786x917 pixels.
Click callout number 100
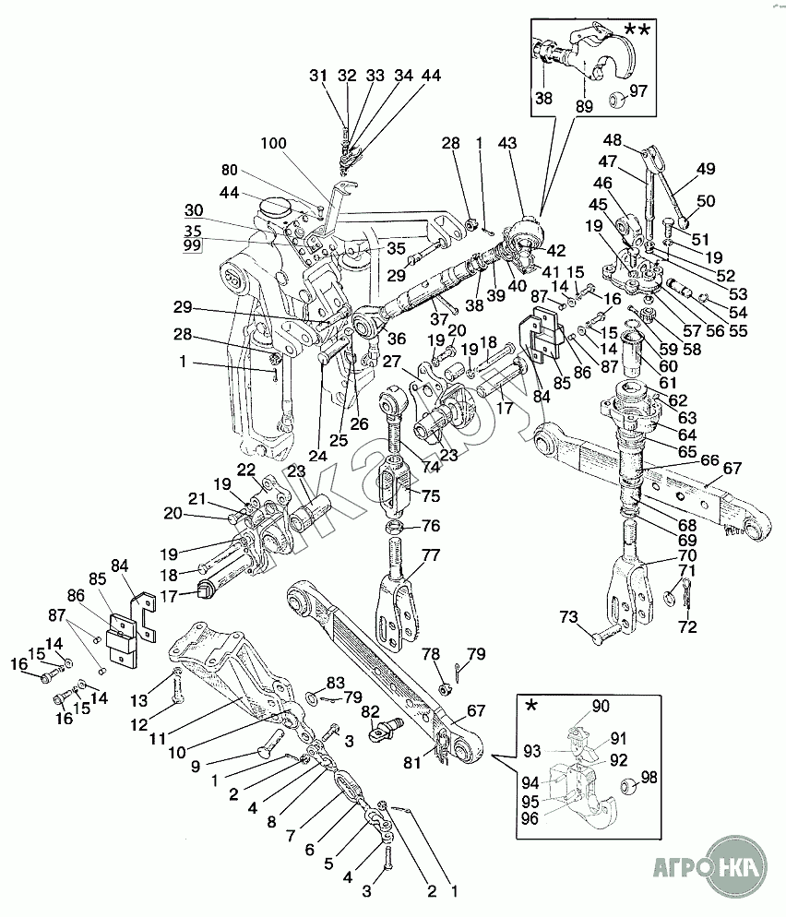coord(273,143)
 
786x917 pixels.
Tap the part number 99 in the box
coord(193,245)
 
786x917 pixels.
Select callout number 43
coord(507,143)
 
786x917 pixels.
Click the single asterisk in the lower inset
coord(531,706)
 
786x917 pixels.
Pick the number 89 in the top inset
coord(584,106)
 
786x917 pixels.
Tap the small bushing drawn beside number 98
coord(628,785)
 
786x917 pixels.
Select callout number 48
coord(613,140)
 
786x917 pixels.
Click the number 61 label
coord(668,383)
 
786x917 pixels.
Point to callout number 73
coord(568,617)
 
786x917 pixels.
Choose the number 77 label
coord(431,555)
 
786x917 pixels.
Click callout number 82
coord(370,711)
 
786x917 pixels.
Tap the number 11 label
coord(158,739)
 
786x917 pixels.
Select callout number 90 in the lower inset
coord(601,707)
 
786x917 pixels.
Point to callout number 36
coord(397,339)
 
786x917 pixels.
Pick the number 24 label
coord(317,456)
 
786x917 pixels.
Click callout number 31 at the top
coord(318,76)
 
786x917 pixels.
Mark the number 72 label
coord(688,627)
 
